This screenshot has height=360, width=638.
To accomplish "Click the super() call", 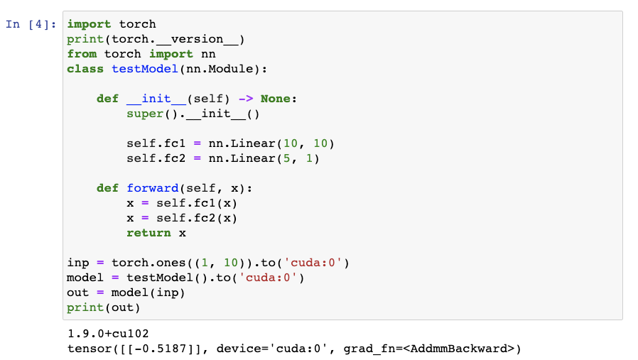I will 145,114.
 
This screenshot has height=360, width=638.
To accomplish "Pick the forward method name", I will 153,188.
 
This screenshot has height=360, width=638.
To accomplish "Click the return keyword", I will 148,233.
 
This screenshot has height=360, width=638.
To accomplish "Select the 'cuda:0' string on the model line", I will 272,278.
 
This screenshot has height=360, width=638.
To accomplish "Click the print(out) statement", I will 104,307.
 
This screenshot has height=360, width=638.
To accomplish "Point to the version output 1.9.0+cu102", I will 107,333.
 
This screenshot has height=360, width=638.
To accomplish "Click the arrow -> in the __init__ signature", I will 246,99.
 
